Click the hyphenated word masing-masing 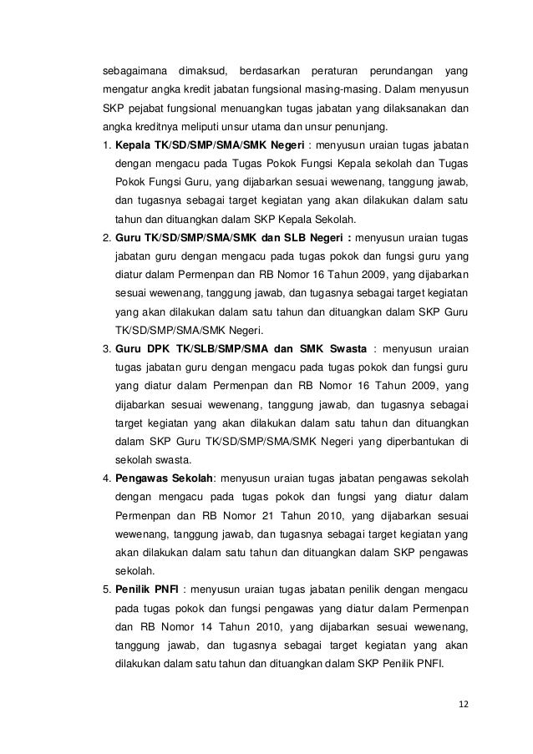[335, 87]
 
